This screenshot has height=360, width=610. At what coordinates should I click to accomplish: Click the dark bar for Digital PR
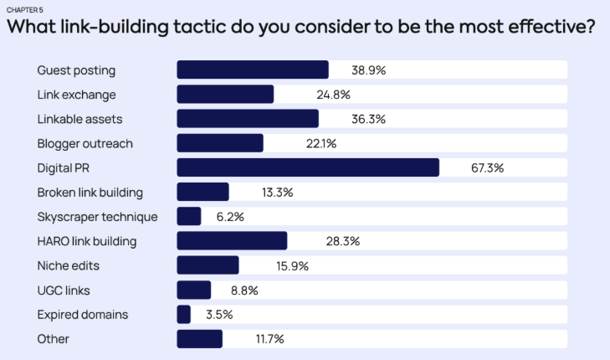click(308, 167)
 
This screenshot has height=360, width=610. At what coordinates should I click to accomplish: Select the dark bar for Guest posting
click(253, 70)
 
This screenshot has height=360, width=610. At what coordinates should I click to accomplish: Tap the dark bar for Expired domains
click(184, 315)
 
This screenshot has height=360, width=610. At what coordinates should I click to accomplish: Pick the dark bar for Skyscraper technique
click(189, 217)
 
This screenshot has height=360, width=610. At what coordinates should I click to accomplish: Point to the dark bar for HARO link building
click(232, 241)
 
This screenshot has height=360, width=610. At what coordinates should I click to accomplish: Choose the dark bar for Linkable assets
click(248, 119)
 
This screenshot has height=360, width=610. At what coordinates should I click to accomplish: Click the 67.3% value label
click(487, 167)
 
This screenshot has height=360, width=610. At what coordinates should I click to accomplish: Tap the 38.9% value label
click(369, 70)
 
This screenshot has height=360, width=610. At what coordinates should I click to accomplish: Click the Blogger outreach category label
click(85, 143)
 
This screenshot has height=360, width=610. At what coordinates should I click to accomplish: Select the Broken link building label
click(90, 193)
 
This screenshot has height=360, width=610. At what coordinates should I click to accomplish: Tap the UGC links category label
click(63, 291)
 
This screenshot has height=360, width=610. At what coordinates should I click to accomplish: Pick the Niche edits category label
click(67, 266)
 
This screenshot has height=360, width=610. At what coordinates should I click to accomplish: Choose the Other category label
click(53, 339)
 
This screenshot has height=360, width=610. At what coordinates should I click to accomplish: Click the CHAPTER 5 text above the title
click(24, 9)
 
